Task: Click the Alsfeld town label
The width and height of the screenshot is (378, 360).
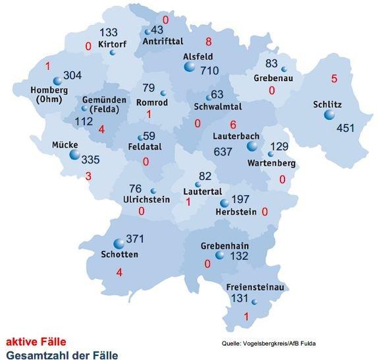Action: pos(198,57)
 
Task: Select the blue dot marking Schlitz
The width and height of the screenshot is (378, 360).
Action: pos(329,115)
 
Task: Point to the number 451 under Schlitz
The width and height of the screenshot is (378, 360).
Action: pos(346,127)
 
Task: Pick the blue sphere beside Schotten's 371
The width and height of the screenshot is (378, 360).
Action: pos(119,243)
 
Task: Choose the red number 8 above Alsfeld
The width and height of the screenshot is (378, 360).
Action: pos(208,40)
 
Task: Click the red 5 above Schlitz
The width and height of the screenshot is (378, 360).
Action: pos(334,79)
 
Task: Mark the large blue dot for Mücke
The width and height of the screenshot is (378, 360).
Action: pos(74,156)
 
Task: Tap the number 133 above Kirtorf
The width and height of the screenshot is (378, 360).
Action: pos(109,33)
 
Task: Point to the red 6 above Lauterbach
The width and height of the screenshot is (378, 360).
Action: pos(233,125)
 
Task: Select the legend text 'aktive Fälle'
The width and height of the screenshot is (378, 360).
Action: pos(36,342)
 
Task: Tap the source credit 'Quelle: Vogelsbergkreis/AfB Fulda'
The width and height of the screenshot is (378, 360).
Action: pos(273,343)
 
